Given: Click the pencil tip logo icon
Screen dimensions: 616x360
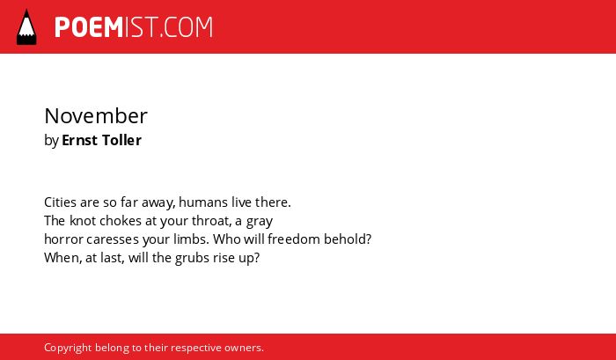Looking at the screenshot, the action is (x=26, y=26).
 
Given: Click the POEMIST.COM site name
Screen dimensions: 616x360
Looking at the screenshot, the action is (x=134, y=27).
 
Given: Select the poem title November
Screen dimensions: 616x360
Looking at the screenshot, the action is (x=96, y=116).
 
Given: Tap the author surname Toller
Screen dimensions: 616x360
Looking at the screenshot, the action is (x=121, y=140).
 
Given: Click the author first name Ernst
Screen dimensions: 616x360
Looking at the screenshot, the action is (x=80, y=140).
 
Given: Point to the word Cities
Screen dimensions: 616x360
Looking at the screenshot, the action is (x=60, y=202).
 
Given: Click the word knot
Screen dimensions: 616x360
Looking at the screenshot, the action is (x=83, y=221).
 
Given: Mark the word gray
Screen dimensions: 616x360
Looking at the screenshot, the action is (x=260, y=222).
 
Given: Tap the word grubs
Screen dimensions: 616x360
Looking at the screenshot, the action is (x=192, y=259).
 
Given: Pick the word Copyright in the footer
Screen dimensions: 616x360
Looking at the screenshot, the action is (x=68, y=349).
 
